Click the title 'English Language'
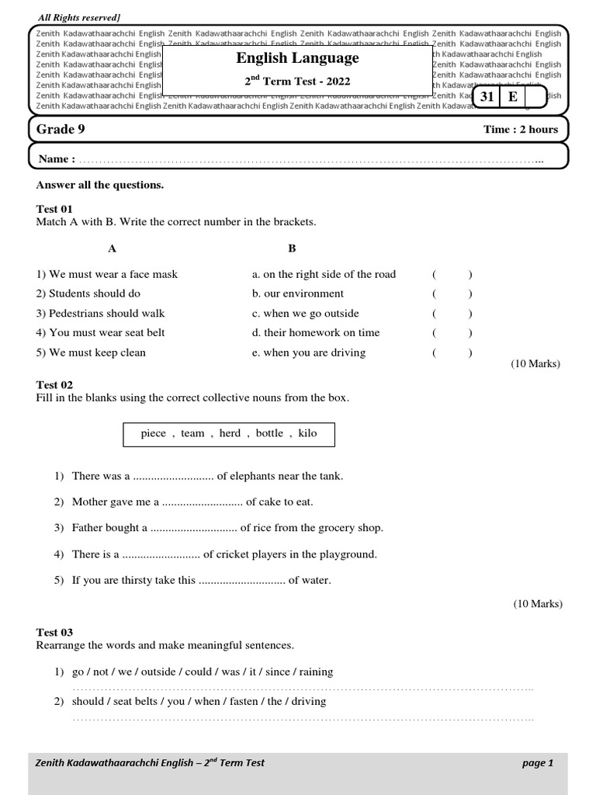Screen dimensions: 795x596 pos(297,58)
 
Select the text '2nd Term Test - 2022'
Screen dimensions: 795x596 pos(297,82)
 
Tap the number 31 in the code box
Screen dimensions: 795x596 pos(487,96)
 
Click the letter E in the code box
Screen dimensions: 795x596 pos(512,96)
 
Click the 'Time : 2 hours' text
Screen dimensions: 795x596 pos(521,130)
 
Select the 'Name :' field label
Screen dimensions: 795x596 pos(57,159)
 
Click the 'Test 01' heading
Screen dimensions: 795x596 pos(54,209)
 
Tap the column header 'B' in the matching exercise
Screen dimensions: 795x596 pos(292,248)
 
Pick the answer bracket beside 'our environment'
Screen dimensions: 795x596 pos(452,293)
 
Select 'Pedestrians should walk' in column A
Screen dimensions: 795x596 pos(100,313)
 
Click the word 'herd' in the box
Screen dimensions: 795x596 pos(230,433)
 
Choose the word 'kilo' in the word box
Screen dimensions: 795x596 pos(307,433)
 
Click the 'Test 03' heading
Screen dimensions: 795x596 pos(54,633)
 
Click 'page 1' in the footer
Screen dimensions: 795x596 pos(538,763)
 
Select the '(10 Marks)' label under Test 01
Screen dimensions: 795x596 pos(535,364)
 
